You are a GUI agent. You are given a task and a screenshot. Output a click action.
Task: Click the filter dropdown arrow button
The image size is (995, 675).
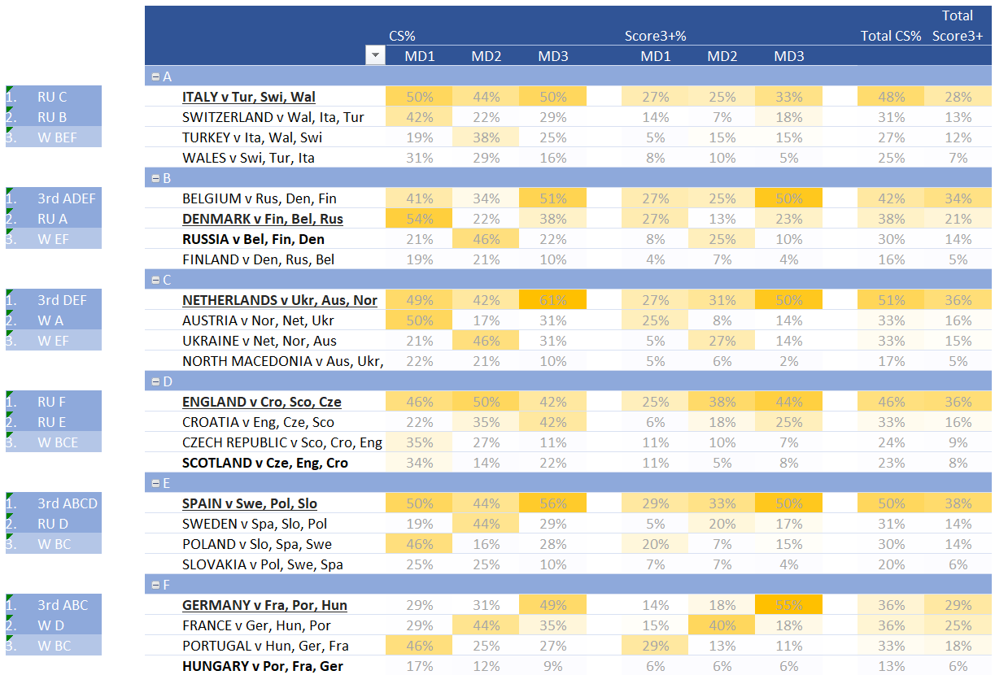pyautogui.click(x=375, y=56)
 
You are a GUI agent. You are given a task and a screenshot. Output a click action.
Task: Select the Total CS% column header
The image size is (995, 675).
pyautogui.click(x=891, y=36)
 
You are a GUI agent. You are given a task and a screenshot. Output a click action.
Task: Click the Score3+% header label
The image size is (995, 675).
pyautogui.click(x=655, y=36)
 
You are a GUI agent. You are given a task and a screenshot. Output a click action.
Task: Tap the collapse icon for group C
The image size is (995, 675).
pyautogui.click(x=155, y=280)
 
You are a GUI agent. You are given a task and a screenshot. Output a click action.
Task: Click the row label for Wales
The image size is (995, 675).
pyautogui.click(x=248, y=158)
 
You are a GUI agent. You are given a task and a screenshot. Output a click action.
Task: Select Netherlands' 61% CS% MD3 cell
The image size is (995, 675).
pyautogui.click(x=552, y=300)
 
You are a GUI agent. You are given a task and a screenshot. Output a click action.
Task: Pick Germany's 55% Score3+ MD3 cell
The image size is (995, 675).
pyautogui.click(x=788, y=605)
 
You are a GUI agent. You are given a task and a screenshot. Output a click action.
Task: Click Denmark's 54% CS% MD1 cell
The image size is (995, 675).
pyautogui.click(x=419, y=219)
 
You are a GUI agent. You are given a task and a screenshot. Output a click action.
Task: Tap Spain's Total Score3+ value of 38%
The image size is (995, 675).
pyautogui.click(x=958, y=503)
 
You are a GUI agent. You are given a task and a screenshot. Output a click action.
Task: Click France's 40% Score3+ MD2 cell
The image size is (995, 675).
pyautogui.click(x=722, y=625)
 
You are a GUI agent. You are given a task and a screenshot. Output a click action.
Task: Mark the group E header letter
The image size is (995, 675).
pyautogui.click(x=167, y=483)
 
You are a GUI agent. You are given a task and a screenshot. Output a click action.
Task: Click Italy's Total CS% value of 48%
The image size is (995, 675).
pyautogui.click(x=891, y=97)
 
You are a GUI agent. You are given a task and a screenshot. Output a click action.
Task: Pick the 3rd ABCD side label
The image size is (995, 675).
pyautogui.click(x=67, y=503)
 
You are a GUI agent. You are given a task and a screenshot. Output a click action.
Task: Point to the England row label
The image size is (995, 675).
pyautogui.click(x=261, y=402)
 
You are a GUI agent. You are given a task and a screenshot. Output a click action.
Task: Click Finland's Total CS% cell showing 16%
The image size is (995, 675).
pyautogui.click(x=891, y=259)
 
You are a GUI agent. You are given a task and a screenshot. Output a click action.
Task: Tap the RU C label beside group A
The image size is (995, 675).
pyautogui.click(x=52, y=97)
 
